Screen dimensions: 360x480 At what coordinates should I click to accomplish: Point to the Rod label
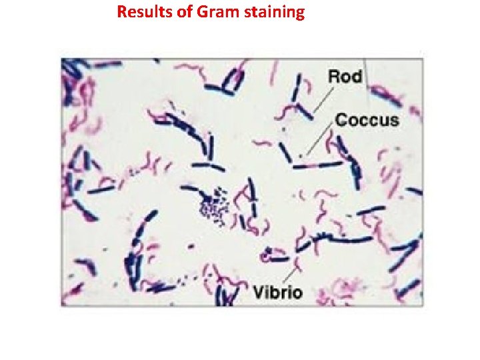[x=345, y=76]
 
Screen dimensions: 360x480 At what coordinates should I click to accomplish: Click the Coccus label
[x=367, y=121]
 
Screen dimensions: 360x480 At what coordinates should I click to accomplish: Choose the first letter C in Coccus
[x=341, y=121]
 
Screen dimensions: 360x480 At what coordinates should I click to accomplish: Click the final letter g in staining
[x=299, y=14]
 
